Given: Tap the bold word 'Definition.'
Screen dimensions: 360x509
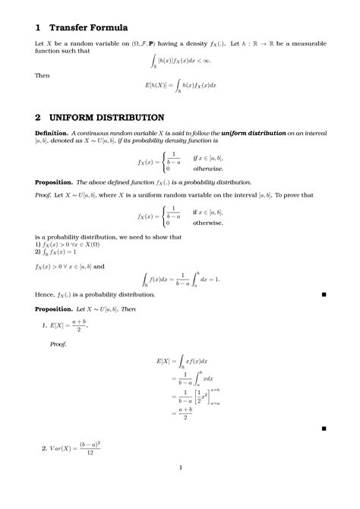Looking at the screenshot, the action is point(52,132).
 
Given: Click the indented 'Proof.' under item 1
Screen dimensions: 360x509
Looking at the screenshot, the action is point(58,343).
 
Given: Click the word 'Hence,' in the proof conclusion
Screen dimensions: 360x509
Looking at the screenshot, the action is point(46,291).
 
